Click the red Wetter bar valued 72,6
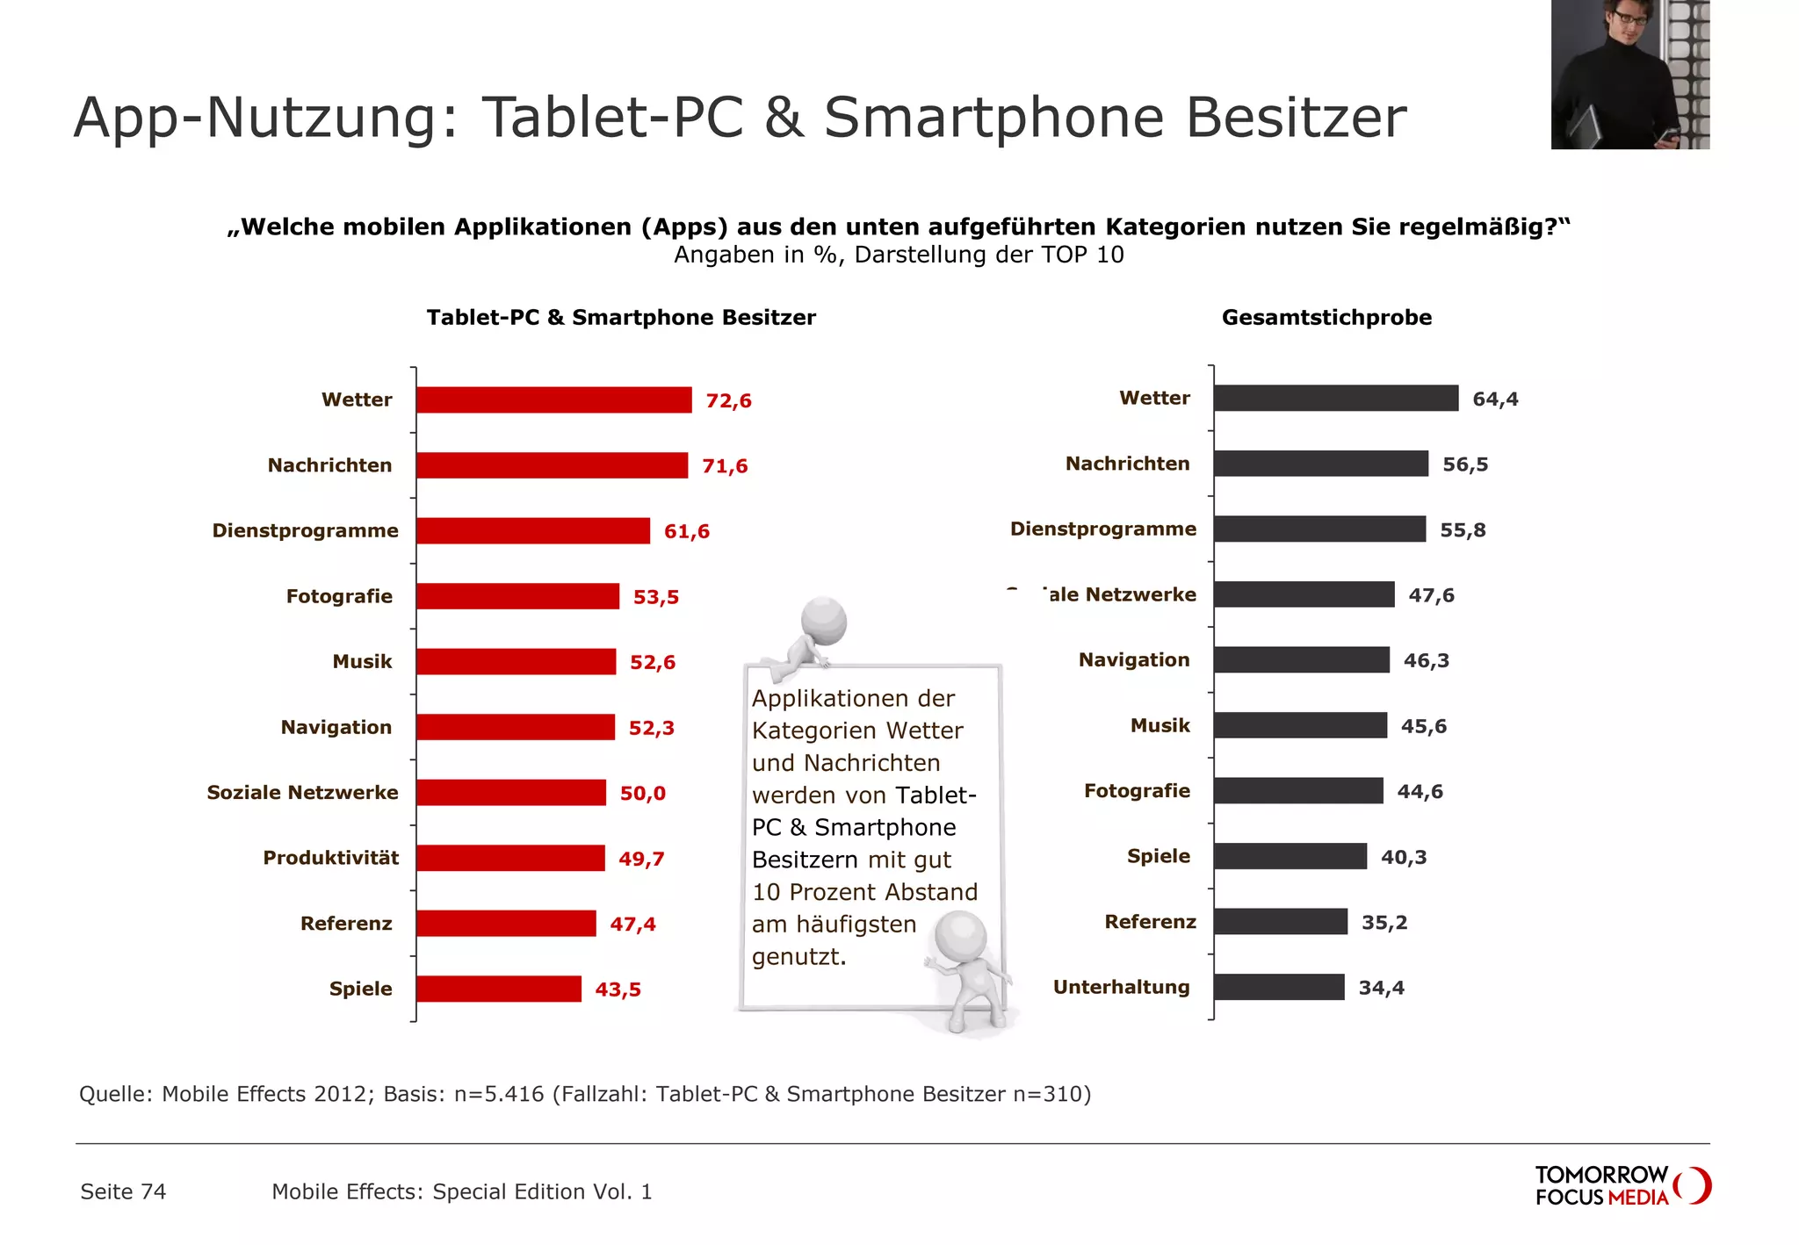[553, 400]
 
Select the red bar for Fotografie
[517, 597]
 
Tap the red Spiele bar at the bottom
[498, 990]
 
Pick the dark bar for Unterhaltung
[1279, 988]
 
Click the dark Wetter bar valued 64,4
[1335, 399]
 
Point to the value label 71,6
[725, 466]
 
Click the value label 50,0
[643, 794]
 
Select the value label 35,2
[1384, 923]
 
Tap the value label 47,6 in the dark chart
[1431, 595]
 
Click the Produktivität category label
[330, 859]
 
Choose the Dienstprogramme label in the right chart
[1103, 529]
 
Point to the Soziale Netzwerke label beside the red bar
[302, 793]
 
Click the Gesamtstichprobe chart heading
[1326, 318]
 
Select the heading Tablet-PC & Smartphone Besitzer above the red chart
[621, 318]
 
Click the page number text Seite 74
[123, 1192]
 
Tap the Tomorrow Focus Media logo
[1622, 1186]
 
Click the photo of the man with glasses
[1629, 75]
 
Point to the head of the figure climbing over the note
[824, 622]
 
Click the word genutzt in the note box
[798, 957]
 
